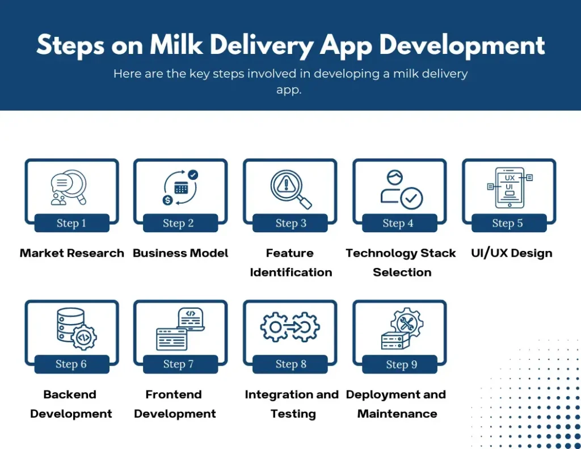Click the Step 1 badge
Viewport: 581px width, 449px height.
pos(71,223)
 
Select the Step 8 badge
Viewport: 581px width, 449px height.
pos(290,364)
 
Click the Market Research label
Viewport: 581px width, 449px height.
pos(72,253)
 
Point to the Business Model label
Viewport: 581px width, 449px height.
pos(180,253)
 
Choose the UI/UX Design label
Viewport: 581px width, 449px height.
pos(511,253)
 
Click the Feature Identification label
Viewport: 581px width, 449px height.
pos(290,262)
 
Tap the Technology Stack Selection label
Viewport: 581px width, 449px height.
pos(401,262)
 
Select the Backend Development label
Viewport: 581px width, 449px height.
pos(71,404)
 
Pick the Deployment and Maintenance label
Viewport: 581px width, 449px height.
pos(396,404)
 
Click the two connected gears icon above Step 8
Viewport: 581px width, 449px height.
pos(290,327)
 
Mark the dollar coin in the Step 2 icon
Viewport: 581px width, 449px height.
pos(168,200)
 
